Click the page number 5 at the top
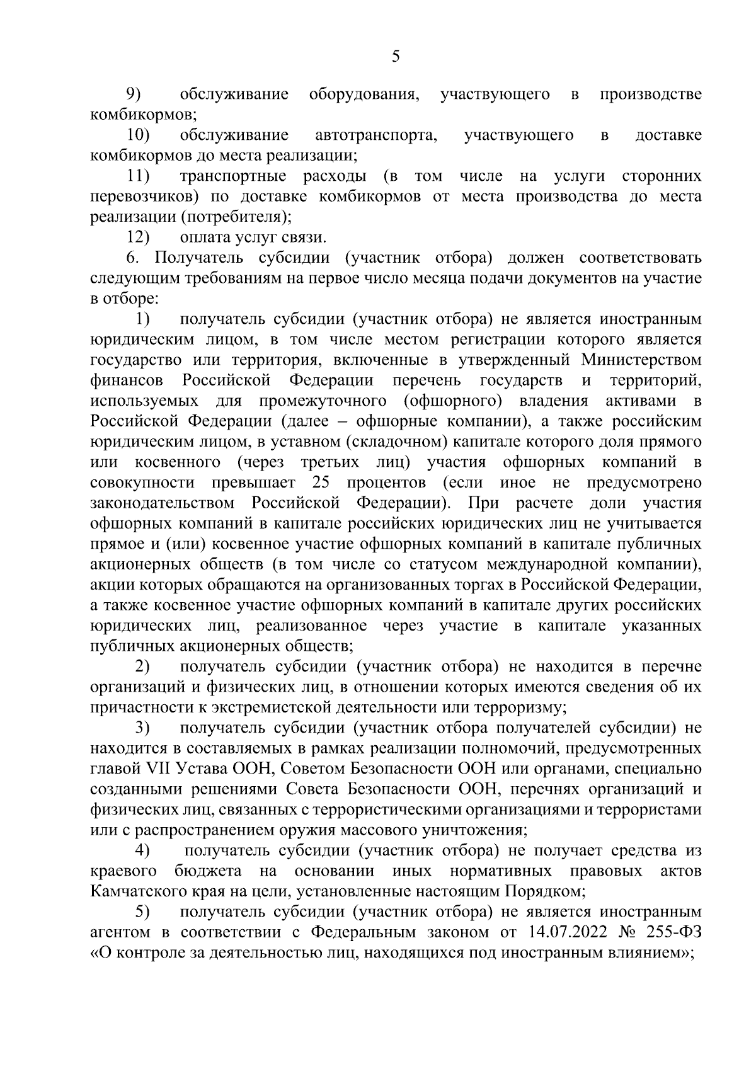coord(396,57)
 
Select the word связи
coord(306,237)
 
